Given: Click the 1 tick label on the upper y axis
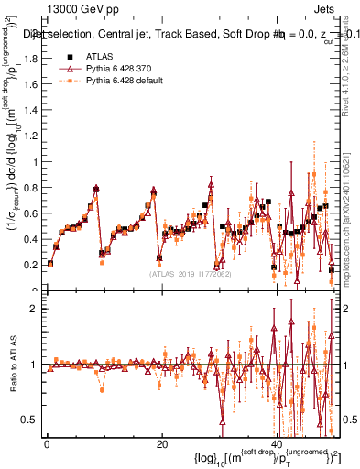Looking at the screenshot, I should click(35, 162).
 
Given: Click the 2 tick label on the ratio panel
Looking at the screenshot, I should click(35, 309).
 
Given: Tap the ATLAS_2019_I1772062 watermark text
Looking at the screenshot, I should click(190, 273).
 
